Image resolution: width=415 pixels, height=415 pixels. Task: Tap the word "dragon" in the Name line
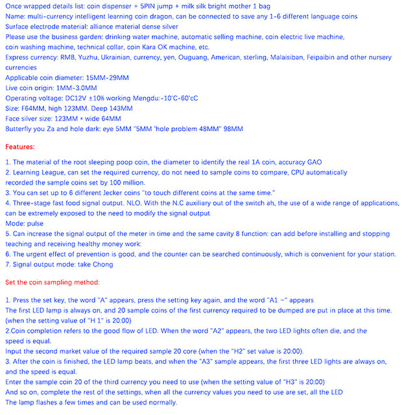[x=176, y=16]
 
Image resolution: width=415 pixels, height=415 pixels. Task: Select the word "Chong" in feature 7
[x=101, y=264]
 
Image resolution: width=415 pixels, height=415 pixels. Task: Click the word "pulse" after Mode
[x=39, y=222]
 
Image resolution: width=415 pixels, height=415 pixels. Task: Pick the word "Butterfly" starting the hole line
[x=20, y=129]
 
